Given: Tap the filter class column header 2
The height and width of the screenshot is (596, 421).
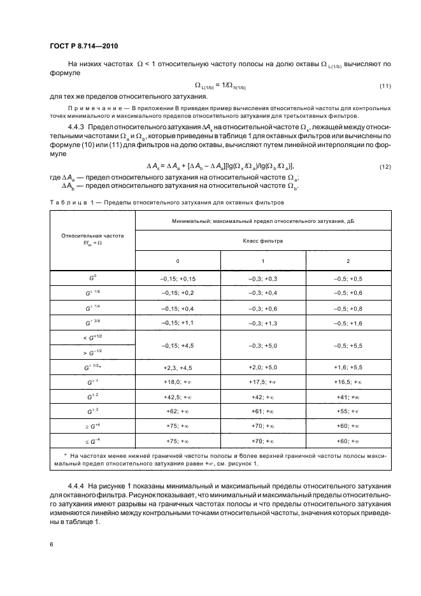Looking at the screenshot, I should (348, 261).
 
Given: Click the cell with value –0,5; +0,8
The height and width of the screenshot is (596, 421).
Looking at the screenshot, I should (348, 308).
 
